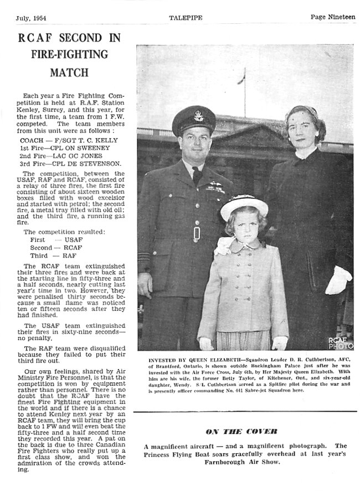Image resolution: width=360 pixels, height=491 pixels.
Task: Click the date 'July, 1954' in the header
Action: pos(30,17)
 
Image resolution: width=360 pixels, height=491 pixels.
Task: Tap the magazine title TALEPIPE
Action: pos(185,18)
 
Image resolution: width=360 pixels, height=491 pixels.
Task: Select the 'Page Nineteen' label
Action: pos(332,17)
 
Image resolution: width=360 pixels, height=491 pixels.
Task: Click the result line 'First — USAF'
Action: pos(53,239)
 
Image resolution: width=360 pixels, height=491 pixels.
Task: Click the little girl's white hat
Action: pos(244,206)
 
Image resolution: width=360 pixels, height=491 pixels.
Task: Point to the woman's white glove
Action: pos(338,280)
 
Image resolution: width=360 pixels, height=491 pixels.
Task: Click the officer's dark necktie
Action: pos(197,175)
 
